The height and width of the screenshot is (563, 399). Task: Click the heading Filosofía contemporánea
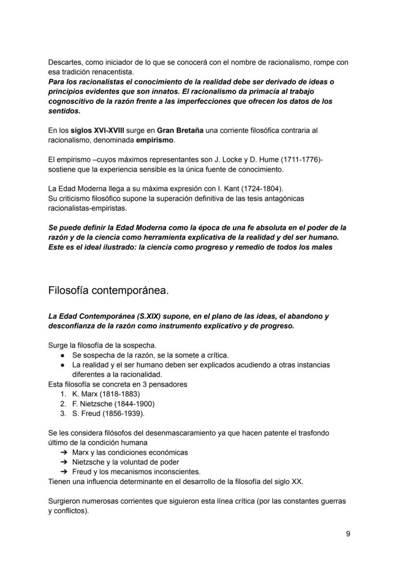click(108, 291)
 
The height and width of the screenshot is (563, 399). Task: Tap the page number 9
click(348, 534)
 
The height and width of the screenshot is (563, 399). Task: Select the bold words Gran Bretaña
click(180, 131)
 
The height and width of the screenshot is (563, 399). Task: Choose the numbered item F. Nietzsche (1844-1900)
click(113, 404)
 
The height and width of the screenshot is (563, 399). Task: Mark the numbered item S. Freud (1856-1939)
click(108, 414)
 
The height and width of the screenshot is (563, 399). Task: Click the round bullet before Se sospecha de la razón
click(63, 355)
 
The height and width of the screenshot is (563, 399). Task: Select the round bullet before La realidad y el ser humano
click(63, 365)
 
